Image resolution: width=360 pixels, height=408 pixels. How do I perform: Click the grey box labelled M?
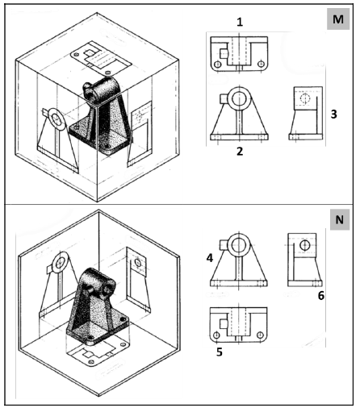[x=338, y=19]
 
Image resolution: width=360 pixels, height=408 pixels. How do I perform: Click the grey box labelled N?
[x=340, y=219]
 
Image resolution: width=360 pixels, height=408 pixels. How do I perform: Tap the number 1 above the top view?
[x=240, y=22]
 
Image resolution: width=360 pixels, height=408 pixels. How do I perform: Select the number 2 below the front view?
[x=240, y=152]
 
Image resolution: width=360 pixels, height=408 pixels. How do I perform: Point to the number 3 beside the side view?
[x=333, y=114]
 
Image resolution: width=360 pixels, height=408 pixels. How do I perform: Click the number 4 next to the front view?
[x=210, y=258]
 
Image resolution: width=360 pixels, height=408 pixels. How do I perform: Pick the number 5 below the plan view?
[x=220, y=352]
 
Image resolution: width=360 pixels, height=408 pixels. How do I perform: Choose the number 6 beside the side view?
[x=321, y=296]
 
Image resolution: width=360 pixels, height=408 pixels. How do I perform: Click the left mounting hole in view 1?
[x=218, y=65]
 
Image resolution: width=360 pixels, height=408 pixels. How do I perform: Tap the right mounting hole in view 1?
[x=261, y=64]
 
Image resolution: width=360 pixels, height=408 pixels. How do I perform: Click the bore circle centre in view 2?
[x=239, y=99]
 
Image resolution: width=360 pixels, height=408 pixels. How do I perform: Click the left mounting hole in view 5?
[x=216, y=335]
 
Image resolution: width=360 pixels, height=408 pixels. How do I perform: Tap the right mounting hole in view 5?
[x=260, y=335]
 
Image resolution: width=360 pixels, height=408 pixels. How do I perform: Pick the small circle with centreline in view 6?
[x=304, y=245]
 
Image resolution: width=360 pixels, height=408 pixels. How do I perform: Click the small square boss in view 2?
[x=224, y=98]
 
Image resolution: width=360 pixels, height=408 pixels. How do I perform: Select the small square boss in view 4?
[x=224, y=244]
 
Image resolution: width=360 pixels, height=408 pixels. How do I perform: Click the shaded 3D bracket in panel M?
[x=101, y=115]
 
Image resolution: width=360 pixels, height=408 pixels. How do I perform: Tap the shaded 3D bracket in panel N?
[x=94, y=306]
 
